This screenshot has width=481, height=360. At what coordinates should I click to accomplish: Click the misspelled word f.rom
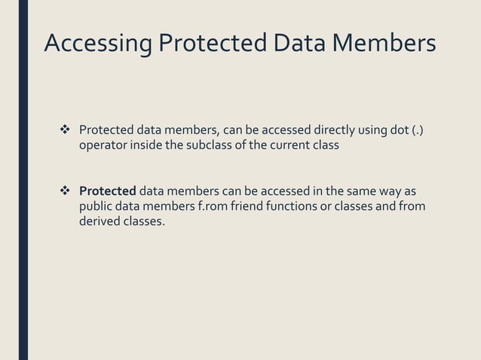216,206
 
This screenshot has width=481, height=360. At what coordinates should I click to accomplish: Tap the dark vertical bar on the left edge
23,180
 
